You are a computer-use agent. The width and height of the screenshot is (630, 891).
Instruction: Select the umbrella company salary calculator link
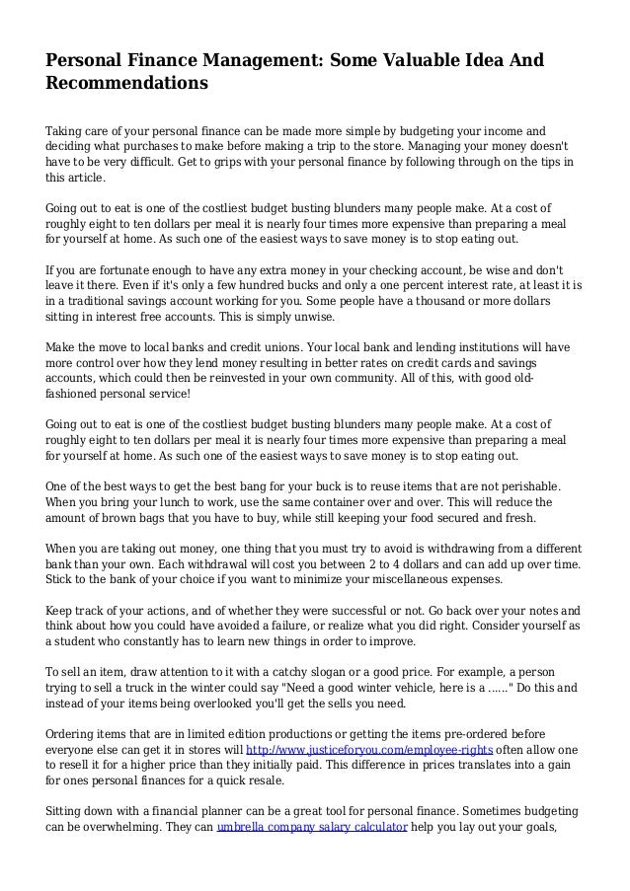coord(312,854)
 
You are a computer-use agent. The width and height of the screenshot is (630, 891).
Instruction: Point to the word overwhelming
coord(121,854)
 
